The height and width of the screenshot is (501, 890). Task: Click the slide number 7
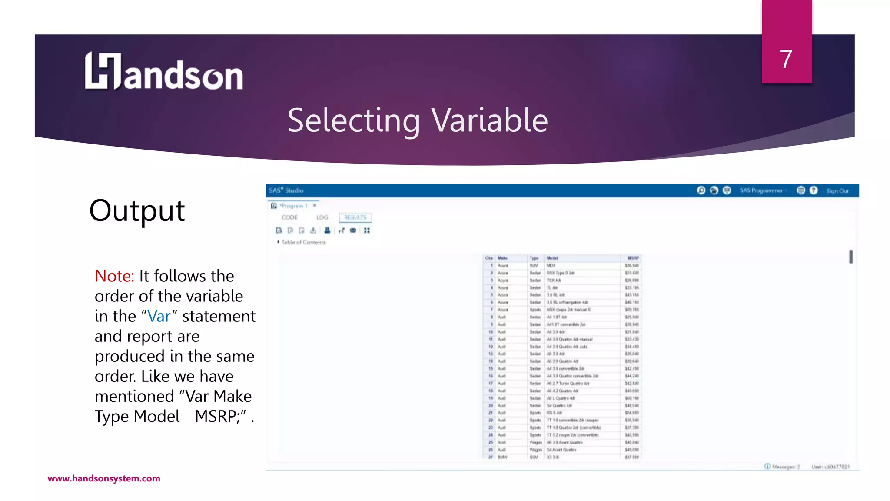click(786, 60)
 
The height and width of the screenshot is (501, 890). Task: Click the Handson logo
click(163, 72)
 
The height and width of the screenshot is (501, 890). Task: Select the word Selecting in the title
click(354, 120)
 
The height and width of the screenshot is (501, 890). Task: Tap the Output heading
click(137, 211)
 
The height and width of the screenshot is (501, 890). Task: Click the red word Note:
click(114, 276)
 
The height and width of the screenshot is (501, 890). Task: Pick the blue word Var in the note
click(159, 316)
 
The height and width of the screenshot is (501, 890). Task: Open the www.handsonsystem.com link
click(104, 478)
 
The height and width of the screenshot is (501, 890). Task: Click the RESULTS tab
click(355, 217)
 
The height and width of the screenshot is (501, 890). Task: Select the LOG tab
click(322, 217)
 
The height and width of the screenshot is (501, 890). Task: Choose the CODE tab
click(289, 217)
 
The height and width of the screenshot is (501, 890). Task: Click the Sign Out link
click(837, 191)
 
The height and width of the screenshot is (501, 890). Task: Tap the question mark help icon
click(814, 190)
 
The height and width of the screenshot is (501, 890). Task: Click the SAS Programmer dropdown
click(763, 191)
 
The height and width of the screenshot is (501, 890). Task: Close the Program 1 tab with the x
click(315, 206)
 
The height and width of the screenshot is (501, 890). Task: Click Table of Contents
click(303, 242)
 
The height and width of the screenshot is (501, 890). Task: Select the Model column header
click(552, 258)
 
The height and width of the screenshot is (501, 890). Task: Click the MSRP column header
click(633, 258)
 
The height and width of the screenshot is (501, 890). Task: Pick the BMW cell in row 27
click(502, 458)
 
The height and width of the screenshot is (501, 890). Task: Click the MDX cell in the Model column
click(551, 266)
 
